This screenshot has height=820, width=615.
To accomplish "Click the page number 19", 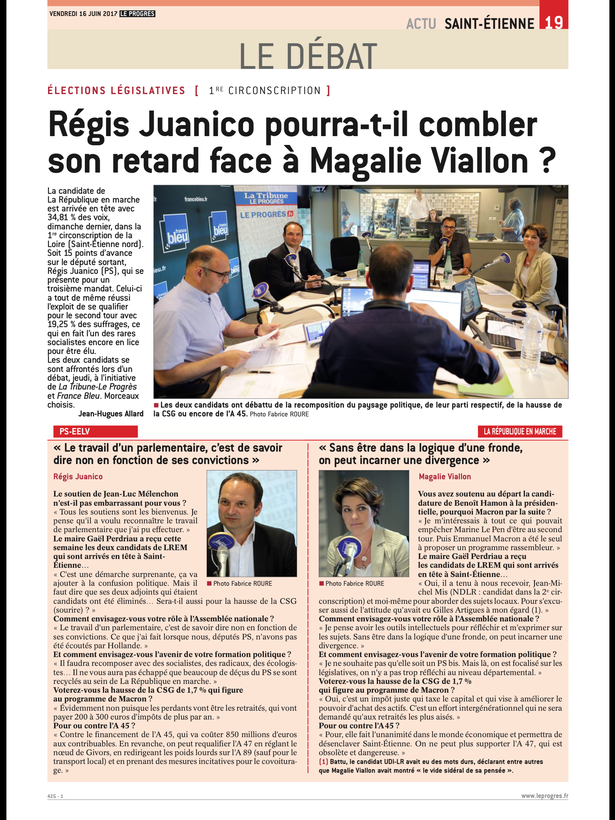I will (x=554, y=22).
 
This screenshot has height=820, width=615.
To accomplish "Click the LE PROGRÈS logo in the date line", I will (x=137, y=14).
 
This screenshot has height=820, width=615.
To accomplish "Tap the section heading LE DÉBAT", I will (x=308, y=56).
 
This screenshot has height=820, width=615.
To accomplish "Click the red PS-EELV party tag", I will (x=95, y=431).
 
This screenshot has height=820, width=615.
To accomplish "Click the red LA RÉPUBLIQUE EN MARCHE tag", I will (x=520, y=431).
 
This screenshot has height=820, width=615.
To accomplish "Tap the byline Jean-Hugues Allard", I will (x=111, y=414).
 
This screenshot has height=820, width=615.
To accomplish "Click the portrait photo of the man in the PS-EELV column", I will (x=251, y=523).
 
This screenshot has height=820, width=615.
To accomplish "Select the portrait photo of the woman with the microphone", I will (x=364, y=523).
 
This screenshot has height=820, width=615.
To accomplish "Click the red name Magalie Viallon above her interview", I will (x=444, y=476).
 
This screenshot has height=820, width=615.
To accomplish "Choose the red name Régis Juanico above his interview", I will (x=78, y=476).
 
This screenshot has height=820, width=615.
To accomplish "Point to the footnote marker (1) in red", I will (x=323, y=762).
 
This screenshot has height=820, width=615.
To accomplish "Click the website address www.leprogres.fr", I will (x=544, y=796).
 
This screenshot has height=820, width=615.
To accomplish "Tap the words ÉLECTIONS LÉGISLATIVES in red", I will (x=117, y=90).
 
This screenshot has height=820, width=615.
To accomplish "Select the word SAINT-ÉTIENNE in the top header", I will (x=489, y=24).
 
